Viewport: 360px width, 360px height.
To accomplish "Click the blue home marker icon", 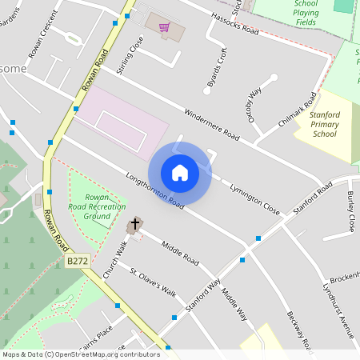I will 180,172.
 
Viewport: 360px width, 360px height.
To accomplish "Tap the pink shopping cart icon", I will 164,27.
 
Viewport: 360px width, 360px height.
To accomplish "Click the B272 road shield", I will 78,261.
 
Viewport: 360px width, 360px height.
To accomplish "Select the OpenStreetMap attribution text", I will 81,354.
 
